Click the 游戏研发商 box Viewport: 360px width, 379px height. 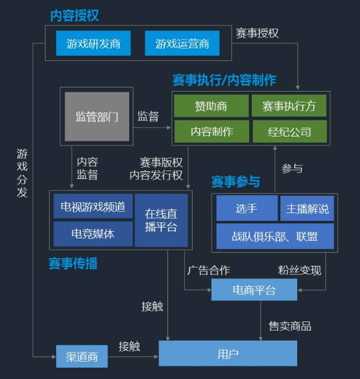click(93, 44)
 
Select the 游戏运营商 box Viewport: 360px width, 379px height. click(182, 44)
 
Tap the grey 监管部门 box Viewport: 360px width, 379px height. click(97, 117)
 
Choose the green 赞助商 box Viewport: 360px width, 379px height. click(211, 106)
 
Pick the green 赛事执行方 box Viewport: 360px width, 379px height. click(289, 106)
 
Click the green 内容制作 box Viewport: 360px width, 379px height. click(211, 131)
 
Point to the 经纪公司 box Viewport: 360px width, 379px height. click(289, 131)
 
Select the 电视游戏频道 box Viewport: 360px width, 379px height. click(93, 207)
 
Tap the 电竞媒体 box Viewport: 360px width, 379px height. click(93, 234)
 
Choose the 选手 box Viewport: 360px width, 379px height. click(246, 208)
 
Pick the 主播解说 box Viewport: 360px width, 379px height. click(307, 208)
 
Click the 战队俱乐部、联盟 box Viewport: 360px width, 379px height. click(275, 236)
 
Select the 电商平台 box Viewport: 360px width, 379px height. click(254, 290)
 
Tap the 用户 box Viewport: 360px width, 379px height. click(228, 354)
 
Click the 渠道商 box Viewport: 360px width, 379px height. click(81, 357)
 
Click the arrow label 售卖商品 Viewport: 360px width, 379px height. click(289, 326)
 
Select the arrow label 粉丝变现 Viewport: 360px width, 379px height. click(300, 270)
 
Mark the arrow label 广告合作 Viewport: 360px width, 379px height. click(208, 270)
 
